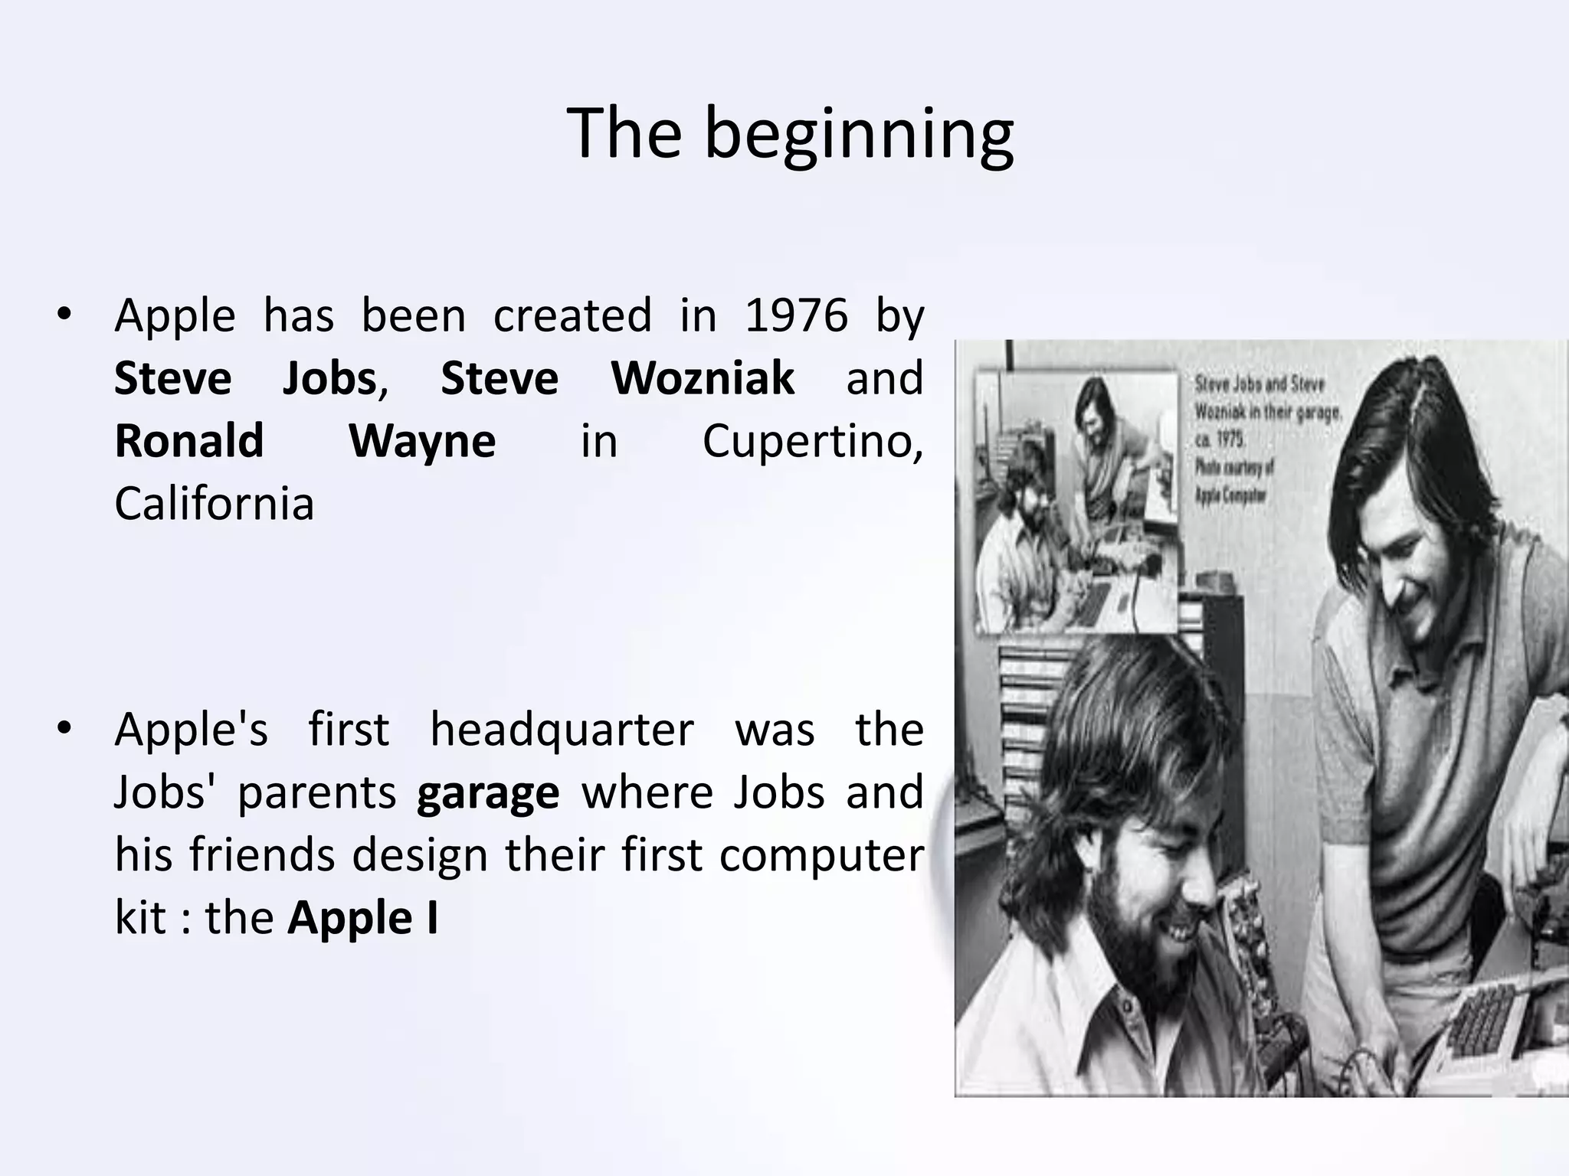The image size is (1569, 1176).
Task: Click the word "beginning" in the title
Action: point(859,135)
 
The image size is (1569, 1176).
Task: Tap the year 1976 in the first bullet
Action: point(797,315)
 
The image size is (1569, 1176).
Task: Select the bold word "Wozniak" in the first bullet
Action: point(703,378)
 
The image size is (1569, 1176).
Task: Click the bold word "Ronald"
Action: point(189,441)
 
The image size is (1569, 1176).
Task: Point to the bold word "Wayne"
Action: point(422,441)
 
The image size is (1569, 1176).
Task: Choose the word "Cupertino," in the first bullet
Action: point(813,442)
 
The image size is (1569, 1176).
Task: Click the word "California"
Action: point(215,504)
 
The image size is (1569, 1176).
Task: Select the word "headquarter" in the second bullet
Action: point(562,730)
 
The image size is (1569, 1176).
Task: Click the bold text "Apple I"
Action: point(362,918)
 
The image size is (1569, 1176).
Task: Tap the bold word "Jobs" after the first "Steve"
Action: point(329,378)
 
